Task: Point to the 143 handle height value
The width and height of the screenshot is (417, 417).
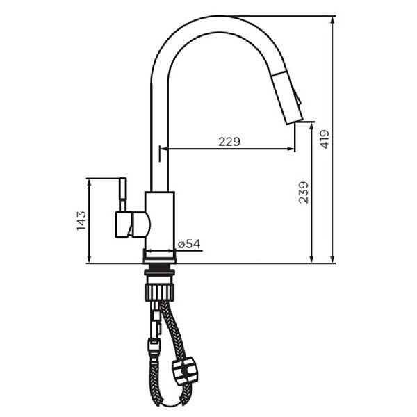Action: (x=81, y=220)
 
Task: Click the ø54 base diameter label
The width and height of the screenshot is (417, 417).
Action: (x=188, y=243)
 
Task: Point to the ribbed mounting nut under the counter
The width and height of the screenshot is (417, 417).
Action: (x=161, y=286)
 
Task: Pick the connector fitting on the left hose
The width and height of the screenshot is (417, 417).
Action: (x=152, y=342)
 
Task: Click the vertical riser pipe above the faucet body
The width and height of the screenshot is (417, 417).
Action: (x=160, y=139)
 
